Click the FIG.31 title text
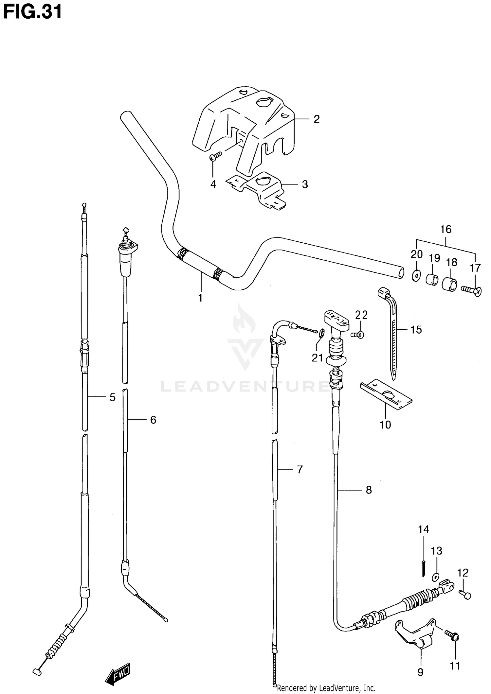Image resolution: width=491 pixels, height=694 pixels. (x=32, y=12)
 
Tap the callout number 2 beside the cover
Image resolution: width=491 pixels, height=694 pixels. (x=316, y=119)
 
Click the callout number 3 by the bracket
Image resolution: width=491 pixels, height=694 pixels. (x=305, y=184)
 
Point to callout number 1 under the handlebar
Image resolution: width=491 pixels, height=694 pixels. (x=200, y=298)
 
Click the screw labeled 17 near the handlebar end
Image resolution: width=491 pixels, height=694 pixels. (x=472, y=290)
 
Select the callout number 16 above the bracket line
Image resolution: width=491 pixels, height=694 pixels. (x=446, y=229)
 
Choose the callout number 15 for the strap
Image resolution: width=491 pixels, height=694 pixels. (x=416, y=330)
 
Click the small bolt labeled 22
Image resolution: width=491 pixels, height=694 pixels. (x=357, y=335)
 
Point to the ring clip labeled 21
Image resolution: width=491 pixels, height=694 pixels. (x=321, y=333)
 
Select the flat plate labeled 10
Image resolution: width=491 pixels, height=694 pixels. (x=386, y=395)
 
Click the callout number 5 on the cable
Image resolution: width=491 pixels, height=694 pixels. (x=112, y=397)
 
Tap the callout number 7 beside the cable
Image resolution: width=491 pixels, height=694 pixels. (x=300, y=470)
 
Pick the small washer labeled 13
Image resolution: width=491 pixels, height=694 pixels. (x=435, y=577)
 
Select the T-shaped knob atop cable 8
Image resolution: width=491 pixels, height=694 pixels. (x=336, y=320)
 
